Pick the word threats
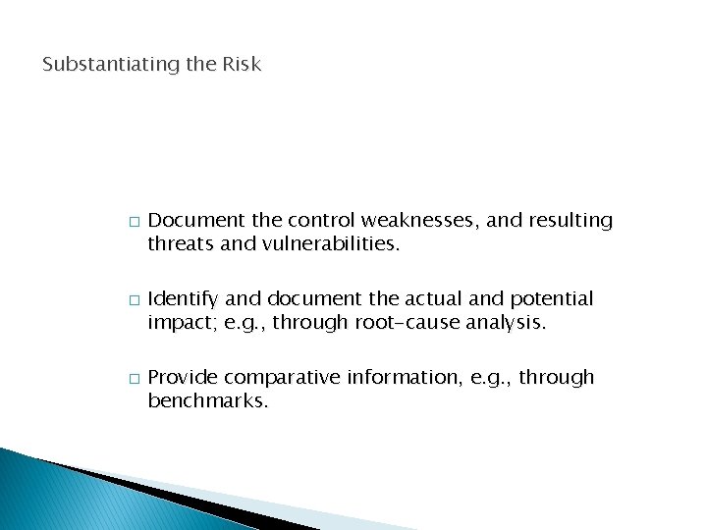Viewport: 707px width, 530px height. tap(179, 243)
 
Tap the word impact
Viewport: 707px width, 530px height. tap(177, 322)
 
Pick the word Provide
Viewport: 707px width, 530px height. tap(182, 378)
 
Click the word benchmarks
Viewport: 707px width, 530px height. tap(207, 400)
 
